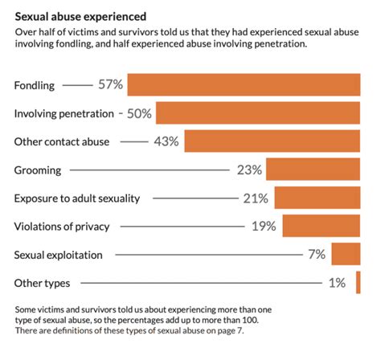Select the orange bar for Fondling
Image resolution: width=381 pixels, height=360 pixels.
tap(244, 84)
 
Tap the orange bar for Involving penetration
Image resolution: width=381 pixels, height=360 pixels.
tap(258, 113)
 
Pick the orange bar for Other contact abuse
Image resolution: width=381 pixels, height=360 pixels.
tap(272, 141)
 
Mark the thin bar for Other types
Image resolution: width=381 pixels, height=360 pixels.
tap(358, 283)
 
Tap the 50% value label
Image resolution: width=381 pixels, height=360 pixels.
tap(139, 113)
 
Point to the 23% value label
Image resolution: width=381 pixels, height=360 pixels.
tap(249, 170)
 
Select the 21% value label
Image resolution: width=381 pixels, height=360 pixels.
tap(256, 198)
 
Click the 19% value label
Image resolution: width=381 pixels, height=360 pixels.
tap(264, 227)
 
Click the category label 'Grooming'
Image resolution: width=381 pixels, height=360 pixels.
tap(38, 170)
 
